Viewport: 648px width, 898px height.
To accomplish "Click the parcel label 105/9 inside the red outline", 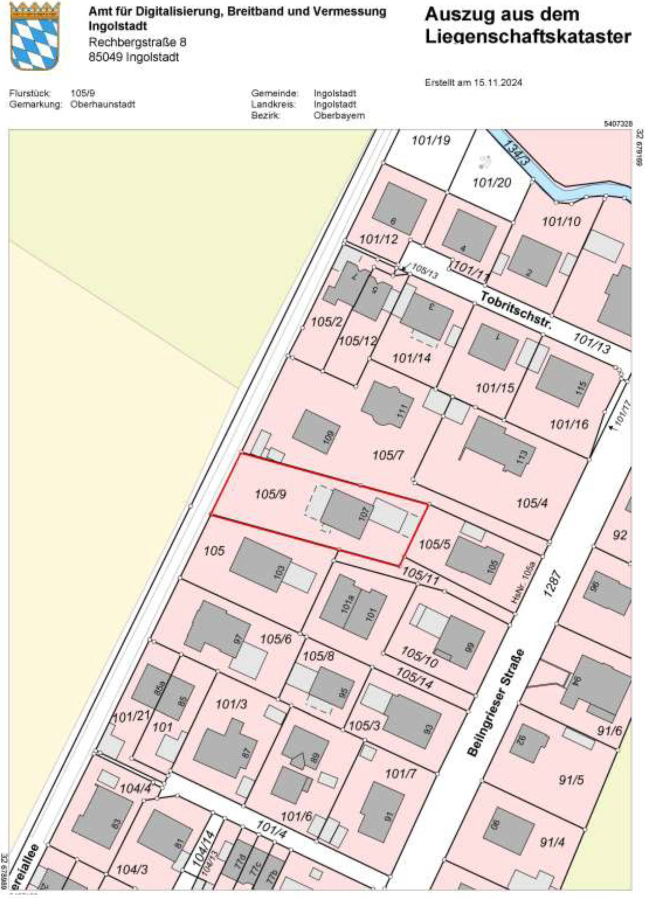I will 270,494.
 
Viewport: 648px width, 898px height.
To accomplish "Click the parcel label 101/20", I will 492,183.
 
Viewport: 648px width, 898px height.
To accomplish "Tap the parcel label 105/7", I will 388,456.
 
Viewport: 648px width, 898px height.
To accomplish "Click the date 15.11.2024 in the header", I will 499,83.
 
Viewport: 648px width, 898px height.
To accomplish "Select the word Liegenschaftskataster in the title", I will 528,37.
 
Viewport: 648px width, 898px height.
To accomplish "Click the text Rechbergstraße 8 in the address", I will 137,42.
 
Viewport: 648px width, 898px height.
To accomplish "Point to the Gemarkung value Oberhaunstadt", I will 103,105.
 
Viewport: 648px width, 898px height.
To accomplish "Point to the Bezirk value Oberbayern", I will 339,116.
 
